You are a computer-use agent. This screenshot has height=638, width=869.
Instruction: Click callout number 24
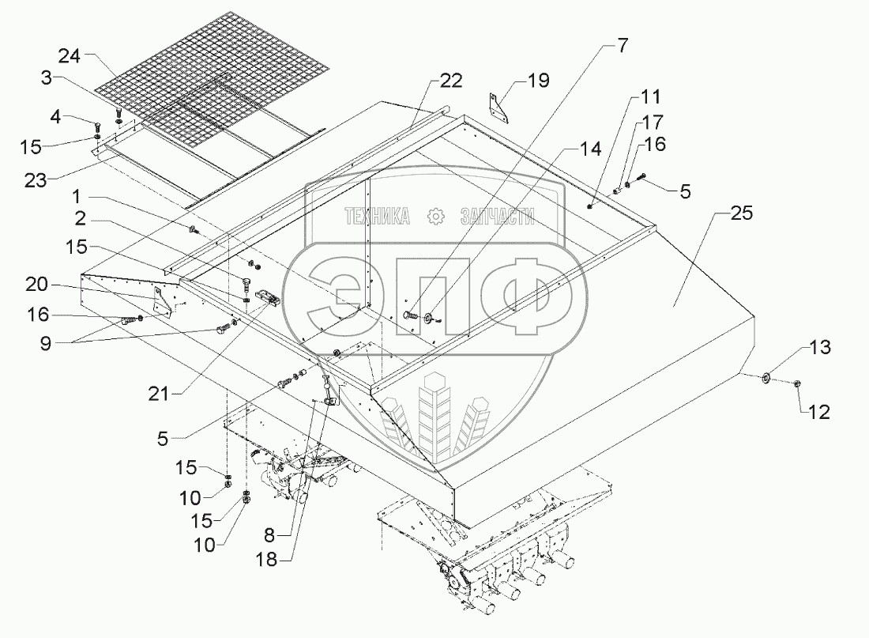(70, 56)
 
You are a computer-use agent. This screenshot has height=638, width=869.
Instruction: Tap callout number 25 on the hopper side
(742, 213)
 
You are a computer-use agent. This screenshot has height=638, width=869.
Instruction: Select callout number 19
(537, 80)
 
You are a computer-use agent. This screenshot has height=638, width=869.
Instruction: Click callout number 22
(451, 81)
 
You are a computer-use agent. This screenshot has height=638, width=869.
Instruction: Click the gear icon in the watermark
(432, 217)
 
